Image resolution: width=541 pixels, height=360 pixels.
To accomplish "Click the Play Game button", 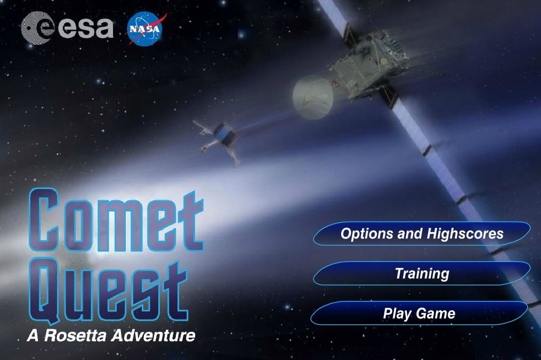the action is [419, 313].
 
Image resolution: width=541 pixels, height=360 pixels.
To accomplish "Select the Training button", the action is [422, 273].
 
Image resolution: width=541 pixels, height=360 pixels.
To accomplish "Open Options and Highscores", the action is [422, 233].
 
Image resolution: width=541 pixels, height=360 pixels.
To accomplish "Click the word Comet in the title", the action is [116, 220].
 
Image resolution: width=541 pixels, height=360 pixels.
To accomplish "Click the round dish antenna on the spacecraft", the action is [312, 97].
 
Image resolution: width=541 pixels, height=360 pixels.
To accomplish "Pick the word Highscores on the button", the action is [465, 233].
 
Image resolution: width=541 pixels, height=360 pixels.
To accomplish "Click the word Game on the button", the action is [435, 314].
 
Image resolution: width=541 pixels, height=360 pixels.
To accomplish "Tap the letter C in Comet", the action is [43, 220].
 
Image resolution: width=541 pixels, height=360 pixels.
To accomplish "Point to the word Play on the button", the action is [397, 314].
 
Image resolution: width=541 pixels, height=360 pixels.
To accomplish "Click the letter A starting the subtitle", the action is [33, 336].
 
